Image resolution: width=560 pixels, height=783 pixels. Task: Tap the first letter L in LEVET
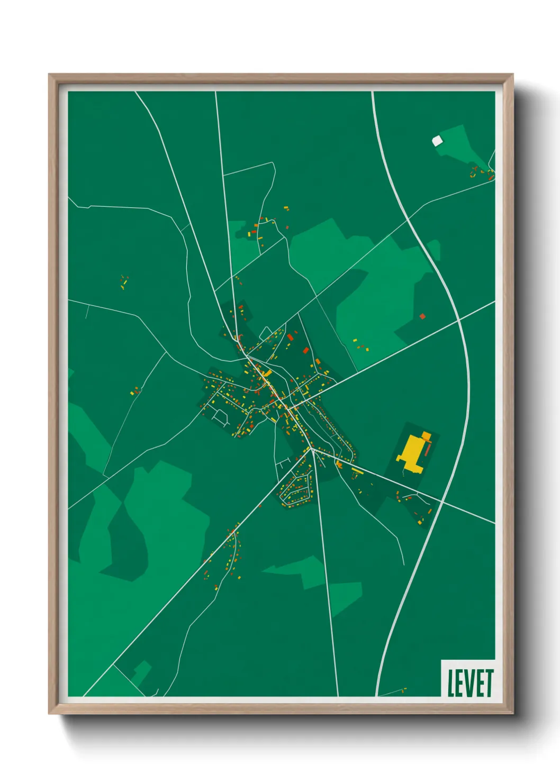(451, 683)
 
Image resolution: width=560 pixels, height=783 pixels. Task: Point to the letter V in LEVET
(470, 683)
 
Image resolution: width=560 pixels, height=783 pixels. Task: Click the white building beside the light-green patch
(437, 141)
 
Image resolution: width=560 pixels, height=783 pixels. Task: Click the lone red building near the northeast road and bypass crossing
(422, 316)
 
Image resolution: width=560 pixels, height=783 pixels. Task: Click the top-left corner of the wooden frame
(50, 76)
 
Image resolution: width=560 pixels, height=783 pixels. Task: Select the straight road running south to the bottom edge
(327, 582)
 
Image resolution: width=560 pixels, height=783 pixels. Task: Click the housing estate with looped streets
(296, 489)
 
